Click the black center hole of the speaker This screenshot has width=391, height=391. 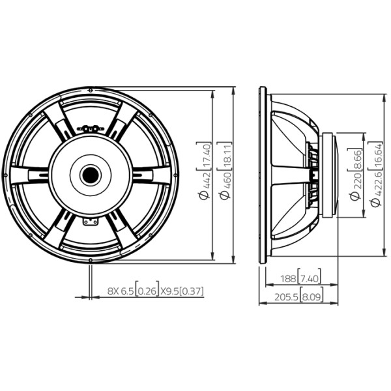(x=91, y=175)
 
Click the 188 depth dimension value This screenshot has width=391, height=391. (x=288, y=278)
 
